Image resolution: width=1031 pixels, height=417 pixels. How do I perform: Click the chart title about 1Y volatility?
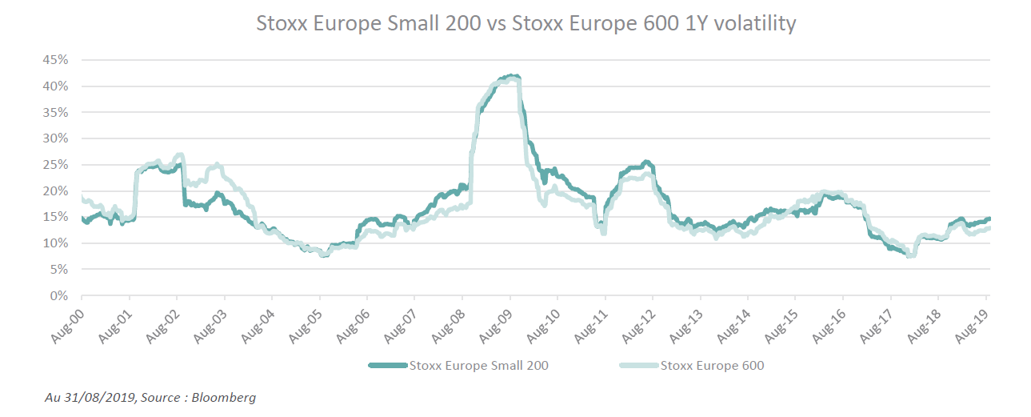click(525, 23)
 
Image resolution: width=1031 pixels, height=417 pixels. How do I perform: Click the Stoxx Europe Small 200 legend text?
click(478, 367)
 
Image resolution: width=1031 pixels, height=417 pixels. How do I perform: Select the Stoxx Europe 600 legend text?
click(712, 367)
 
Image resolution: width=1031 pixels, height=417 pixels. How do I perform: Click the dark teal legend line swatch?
click(388, 367)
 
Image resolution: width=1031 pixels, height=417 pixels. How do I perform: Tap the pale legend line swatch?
click(640, 367)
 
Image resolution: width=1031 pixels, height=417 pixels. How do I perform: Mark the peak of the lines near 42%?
click(512, 77)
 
